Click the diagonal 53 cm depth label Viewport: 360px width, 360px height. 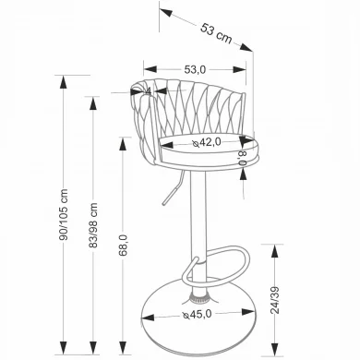click(216, 33)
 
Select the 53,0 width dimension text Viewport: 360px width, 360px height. click(195, 70)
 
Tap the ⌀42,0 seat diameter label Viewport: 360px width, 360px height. click(207, 142)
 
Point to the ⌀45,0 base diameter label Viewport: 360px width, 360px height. click(198, 314)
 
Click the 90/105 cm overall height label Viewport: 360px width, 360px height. click(64, 215)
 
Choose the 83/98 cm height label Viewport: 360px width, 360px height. click(93, 225)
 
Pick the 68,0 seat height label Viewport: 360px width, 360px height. click(123, 246)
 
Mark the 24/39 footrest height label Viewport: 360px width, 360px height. click(275, 300)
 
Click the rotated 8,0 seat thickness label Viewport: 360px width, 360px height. click(243, 158)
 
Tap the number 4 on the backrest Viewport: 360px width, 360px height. click(149, 91)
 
